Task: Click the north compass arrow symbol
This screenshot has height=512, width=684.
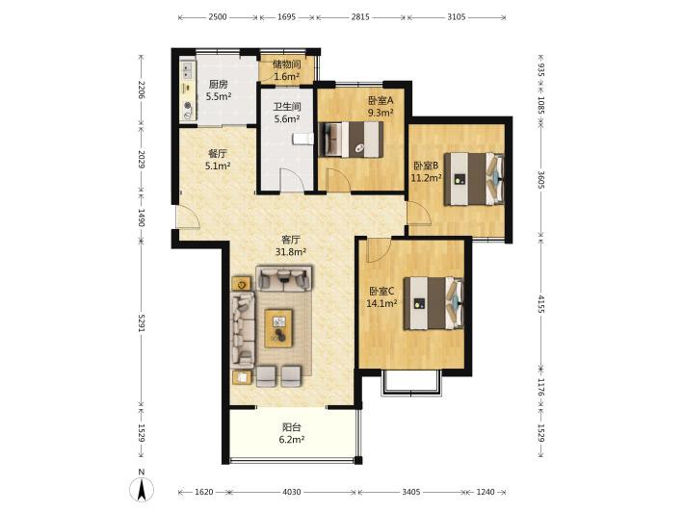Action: (x=142, y=489)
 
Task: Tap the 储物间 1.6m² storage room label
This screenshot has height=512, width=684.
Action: (x=286, y=70)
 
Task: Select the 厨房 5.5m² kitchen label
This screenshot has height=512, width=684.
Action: (x=218, y=90)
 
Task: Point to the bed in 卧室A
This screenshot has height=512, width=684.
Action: (x=352, y=139)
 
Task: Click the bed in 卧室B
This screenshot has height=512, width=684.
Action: (x=474, y=179)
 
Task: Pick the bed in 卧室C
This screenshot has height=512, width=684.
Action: (x=434, y=303)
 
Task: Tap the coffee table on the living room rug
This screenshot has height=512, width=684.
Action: (x=278, y=328)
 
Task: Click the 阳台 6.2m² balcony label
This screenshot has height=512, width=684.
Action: (x=291, y=434)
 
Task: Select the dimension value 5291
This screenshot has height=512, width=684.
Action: (x=142, y=322)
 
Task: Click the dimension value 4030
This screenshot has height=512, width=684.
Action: (x=292, y=492)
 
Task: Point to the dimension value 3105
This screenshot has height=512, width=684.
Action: (x=457, y=17)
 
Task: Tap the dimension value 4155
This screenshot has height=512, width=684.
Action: (x=541, y=304)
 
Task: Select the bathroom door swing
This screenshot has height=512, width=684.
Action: (x=291, y=180)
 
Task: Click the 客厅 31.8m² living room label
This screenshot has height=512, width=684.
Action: (x=291, y=245)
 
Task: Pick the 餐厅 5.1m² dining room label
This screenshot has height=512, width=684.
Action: (x=218, y=160)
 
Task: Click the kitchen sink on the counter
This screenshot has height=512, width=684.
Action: (x=188, y=71)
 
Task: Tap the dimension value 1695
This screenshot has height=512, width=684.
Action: (x=286, y=17)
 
